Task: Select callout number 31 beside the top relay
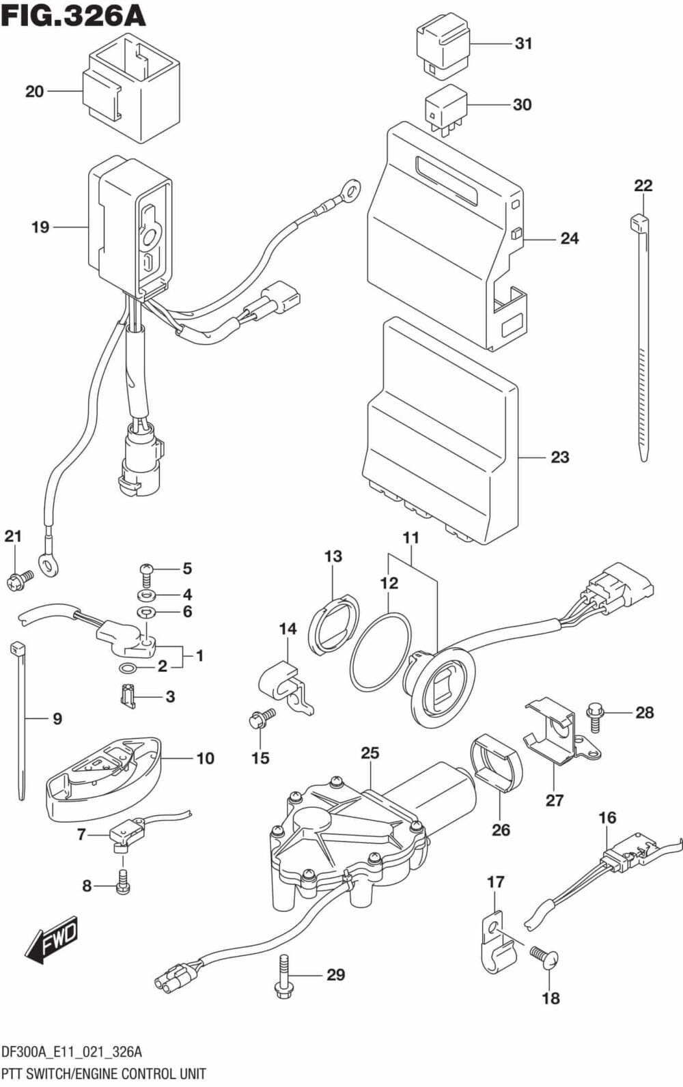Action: point(523,44)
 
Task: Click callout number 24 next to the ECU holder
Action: point(569,238)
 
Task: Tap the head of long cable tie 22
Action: point(639,223)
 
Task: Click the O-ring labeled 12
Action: point(380,651)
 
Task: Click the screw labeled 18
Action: point(544,958)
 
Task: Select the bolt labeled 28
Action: point(595,718)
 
